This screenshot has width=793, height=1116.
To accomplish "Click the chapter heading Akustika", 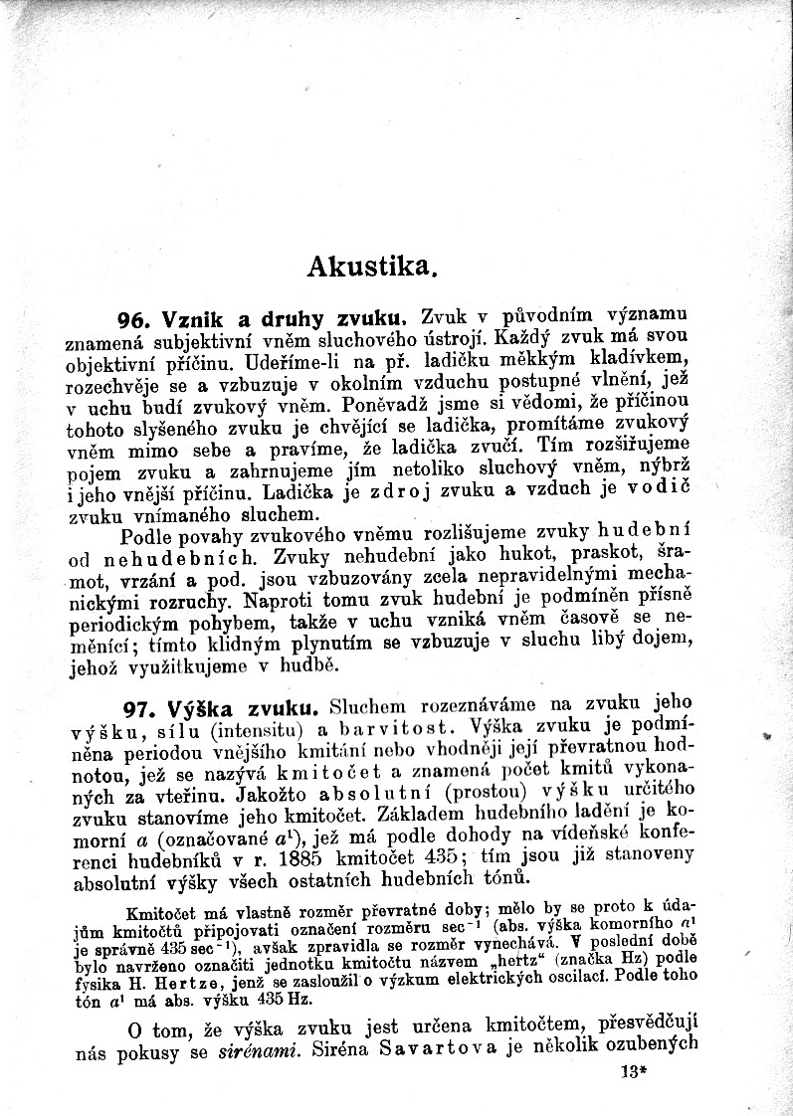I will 372,266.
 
